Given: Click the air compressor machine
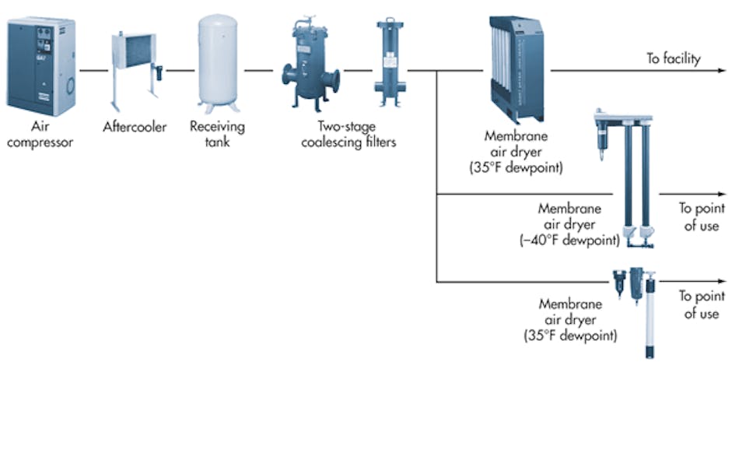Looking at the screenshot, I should pyautogui.click(x=42, y=67).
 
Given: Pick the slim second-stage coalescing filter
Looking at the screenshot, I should pyautogui.click(x=389, y=62).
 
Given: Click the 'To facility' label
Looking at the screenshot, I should pyautogui.click(x=674, y=58).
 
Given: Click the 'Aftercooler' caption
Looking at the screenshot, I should pyautogui.click(x=135, y=127).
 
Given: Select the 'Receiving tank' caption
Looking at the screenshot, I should pyautogui.click(x=217, y=134).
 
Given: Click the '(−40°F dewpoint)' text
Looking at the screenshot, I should pyautogui.click(x=569, y=241).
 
